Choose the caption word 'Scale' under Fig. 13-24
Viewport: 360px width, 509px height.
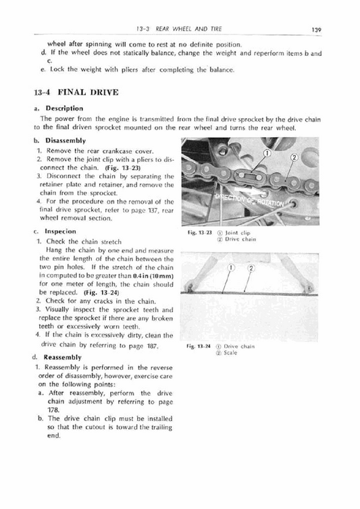pos(233,352)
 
